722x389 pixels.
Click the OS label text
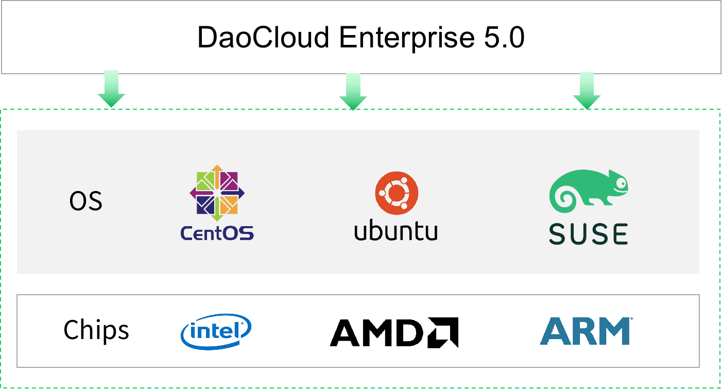86,201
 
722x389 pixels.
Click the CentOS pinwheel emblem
217,193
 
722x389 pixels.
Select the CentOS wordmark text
217,233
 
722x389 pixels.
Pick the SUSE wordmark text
588,234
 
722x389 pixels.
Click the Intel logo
216,331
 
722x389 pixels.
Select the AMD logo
393,333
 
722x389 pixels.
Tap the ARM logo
586,331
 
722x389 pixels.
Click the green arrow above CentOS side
111,89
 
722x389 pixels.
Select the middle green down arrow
353,91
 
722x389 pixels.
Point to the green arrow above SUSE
587,90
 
